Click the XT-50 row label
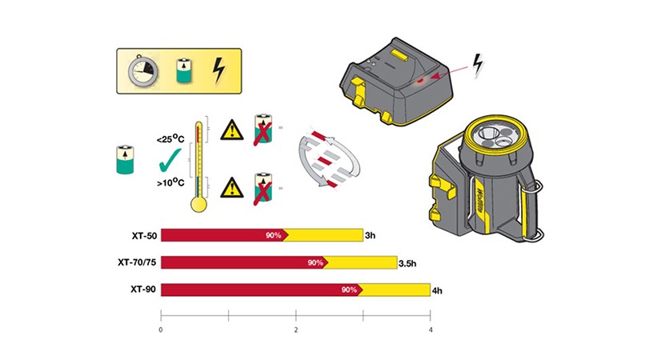tap(145, 236)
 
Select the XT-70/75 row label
tap(137, 262)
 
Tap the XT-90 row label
tap(143, 290)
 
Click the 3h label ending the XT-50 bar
tap(371, 235)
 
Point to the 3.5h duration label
tap(407, 263)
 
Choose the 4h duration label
tap(437, 291)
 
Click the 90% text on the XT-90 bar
tap(349, 290)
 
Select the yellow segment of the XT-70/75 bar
tap(361, 262)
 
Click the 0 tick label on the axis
tap(161, 330)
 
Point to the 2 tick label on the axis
tap(296, 330)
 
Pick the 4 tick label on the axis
tap(431, 330)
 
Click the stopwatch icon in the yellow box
tap(142, 70)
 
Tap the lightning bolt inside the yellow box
tap(218, 70)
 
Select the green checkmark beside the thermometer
tap(170, 160)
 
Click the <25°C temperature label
tap(170, 139)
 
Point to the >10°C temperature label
tap(170, 182)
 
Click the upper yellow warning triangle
tap(232, 130)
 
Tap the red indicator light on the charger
tap(421, 79)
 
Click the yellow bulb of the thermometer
tap(198, 204)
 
